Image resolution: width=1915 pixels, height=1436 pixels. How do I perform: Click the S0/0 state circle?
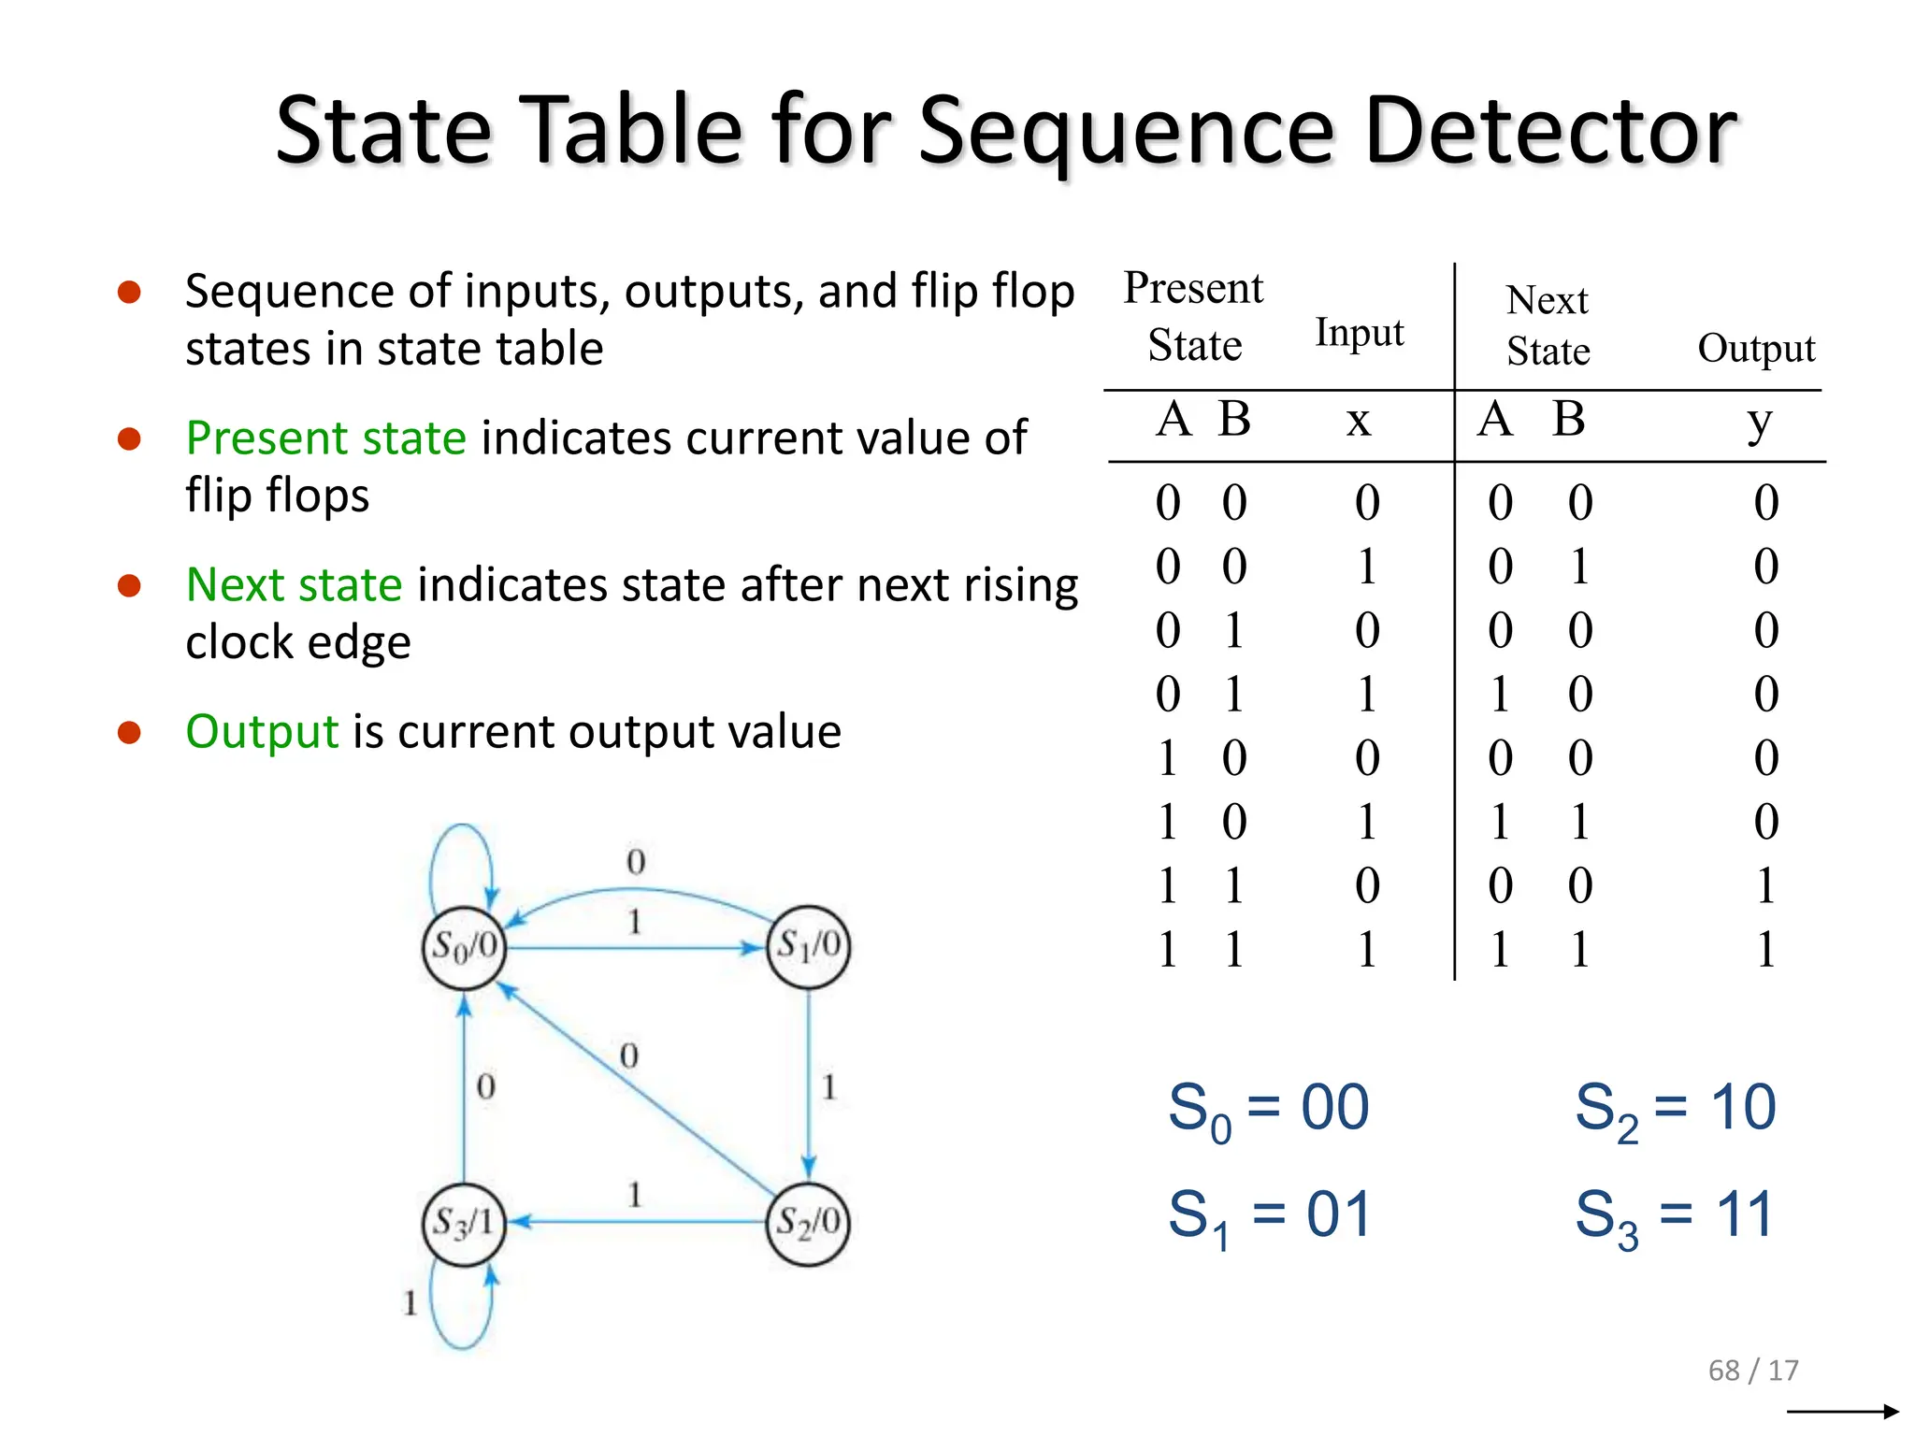464,947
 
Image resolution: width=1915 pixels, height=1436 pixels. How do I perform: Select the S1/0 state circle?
809,945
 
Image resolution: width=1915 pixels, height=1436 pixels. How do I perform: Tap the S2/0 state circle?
809,1222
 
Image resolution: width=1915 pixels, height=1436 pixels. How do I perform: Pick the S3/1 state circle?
464,1223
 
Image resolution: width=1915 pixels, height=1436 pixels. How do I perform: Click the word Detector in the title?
1550,131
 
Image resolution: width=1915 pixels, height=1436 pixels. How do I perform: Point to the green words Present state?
325,438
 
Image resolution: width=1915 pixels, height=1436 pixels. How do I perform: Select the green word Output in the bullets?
262,731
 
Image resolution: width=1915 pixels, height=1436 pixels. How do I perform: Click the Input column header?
1359,333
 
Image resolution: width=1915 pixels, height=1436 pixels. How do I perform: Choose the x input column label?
1359,421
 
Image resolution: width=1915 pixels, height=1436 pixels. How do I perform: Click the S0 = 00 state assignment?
1268,1109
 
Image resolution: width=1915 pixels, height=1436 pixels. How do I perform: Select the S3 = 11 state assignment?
1674,1215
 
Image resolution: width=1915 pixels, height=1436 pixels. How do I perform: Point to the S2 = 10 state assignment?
1675,1109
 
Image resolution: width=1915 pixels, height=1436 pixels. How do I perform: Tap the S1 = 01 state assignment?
1268,1215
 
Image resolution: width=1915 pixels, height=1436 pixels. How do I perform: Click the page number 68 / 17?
1753,1370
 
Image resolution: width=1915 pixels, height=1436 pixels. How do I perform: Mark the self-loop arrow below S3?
461,1309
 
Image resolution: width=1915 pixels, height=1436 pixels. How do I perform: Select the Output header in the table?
1756,348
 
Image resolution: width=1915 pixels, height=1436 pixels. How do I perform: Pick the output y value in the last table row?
1765,950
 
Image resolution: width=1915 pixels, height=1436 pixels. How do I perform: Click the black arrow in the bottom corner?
1842,1411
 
